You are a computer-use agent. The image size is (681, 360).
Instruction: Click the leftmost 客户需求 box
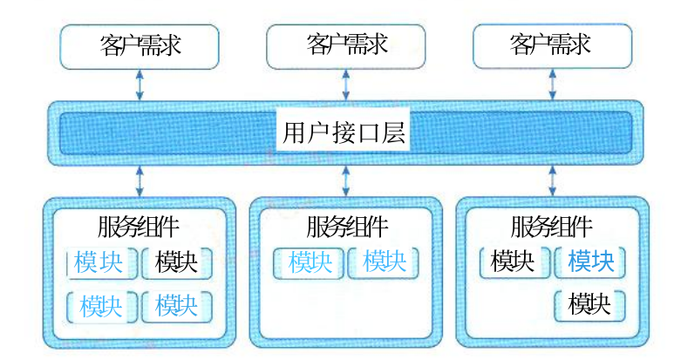pyautogui.click(x=139, y=46)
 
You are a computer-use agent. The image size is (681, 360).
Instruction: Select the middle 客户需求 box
pyautogui.click(x=345, y=46)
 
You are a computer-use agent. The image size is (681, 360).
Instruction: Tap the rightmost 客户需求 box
pyautogui.click(x=552, y=46)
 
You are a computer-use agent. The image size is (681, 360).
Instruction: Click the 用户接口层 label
pyautogui.click(x=344, y=132)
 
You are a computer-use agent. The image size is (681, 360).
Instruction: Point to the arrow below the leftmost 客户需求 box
pyautogui.click(x=140, y=85)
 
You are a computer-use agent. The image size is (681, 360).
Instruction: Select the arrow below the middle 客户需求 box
pyautogui.click(x=345, y=85)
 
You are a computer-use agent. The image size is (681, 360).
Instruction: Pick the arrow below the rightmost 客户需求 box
pyautogui.click(x=553, y=85)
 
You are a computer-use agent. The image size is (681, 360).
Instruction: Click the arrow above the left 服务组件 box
pyautogui.click(x=140, y=181)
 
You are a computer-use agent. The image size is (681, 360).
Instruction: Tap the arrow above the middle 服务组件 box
pyautogui.click(x=345, y=181)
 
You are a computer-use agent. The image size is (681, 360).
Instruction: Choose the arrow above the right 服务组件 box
pyautogui.click(x=553, y=181)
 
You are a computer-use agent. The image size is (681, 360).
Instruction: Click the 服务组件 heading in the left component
pyautogui.click(x=139, y=227)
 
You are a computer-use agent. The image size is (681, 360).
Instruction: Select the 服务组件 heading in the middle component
pyautogui.click(x=347, y=227)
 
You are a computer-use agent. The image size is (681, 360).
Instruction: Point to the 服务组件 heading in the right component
pyautogui.click(x=552, y=227)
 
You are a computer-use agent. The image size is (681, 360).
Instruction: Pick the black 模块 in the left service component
pyautogui.click(x=177, y=262)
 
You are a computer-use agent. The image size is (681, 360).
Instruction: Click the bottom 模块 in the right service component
pyautogui.click(x=589, y=304)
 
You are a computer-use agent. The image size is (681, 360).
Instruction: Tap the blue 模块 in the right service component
pyautogui.click(x=590, y=262)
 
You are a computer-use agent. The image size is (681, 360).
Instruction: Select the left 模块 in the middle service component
pyautogui.click(x=310, y=262)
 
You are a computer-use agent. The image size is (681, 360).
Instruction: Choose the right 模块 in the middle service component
pyautogui.click(x=384, y=262)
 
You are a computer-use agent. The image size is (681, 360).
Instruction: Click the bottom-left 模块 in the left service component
pyautogui.click(x=101, y=306)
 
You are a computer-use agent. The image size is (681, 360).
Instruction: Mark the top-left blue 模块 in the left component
pyautogui.click(x=99, y=262)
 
